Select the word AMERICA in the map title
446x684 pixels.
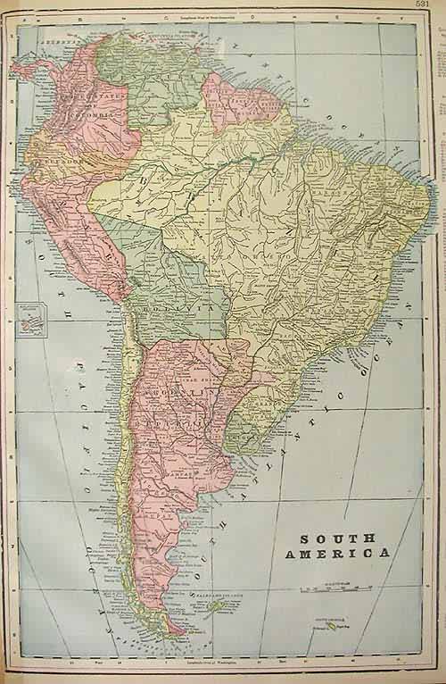point(336,554)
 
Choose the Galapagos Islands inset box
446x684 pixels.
point(35,317)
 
